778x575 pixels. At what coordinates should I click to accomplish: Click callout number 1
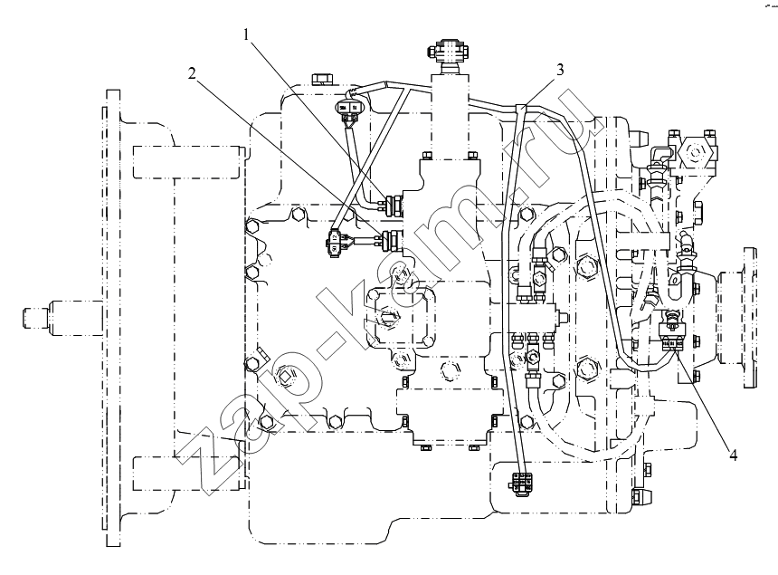(x=247, y=34)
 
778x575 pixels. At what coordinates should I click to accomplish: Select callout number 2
(x=192, y=73)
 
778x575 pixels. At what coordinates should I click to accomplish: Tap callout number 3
(x=560, y=70)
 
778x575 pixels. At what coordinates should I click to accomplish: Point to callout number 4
(x=733, y=454)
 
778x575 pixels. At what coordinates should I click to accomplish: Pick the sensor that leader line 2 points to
(x=392, y=239)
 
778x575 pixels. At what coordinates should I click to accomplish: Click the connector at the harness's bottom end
(x=521, y=484)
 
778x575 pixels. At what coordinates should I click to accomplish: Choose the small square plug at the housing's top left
(x=323, y=80)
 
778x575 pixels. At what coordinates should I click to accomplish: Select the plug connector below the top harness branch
(x=349, y=107)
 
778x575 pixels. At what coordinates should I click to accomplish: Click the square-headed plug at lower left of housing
(x=285, y=377)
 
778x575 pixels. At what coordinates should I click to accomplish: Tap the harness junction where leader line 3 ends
(x=521, y=106)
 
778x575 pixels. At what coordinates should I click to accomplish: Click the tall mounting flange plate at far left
(x=113, y=318)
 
